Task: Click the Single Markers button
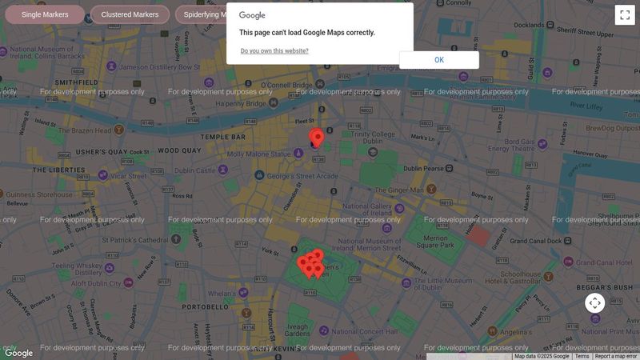pyautogui.click(x=45, y=14)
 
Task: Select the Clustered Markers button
pyautogui.click(x=130, y=14)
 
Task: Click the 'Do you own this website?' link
pyautogui.click(x=274, y=51)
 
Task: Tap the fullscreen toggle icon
pyautogui.click(x=625, y=15)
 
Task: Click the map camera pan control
pyautogui.click(x=594, y=303)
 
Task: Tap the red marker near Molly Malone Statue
pyautogui.click(x=317, y=138)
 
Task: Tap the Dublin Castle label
pyautogui.click(x=195, y=170)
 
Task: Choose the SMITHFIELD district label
pyautogui.click(x=76, y=82)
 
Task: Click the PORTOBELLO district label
pyautogui.click(x=206, y=306)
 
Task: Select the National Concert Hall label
pyautogui.click(x=370, y=329)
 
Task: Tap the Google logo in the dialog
pyautogui.click(x=252, y=15)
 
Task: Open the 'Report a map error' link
pyautogui.click(x=616, y=356)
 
